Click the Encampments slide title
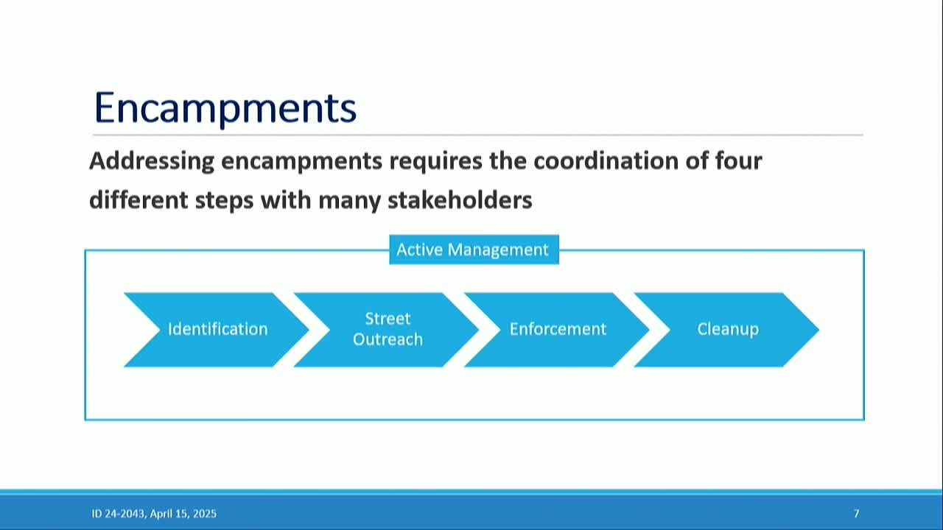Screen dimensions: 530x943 (225, 107)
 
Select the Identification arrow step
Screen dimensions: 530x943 (217, 329)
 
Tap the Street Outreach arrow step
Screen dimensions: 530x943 (388, 329)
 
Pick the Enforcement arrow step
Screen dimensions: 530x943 (558, 329)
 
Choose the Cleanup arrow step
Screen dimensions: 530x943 (728, 329)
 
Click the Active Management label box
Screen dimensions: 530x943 (473, 250)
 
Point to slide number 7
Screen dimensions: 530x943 (856, 514)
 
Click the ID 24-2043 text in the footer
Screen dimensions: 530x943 (118, 514)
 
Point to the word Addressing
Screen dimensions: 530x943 (151, 160)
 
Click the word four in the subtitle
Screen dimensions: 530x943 (737, 160)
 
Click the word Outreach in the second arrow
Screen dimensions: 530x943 (388, 339)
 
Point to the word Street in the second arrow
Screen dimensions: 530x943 (388, 319)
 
